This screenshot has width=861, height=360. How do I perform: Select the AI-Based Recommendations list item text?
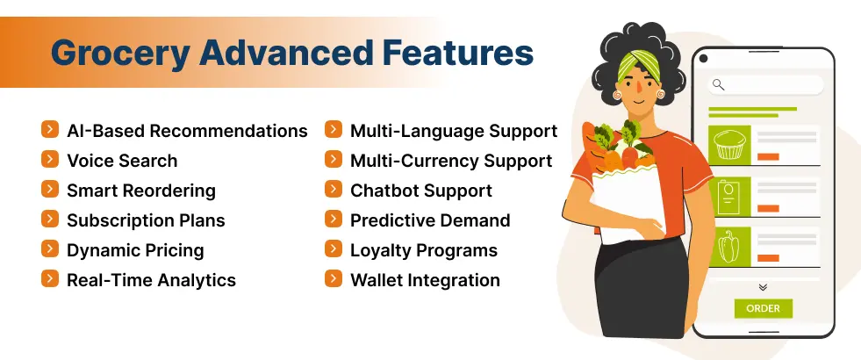point(187,131)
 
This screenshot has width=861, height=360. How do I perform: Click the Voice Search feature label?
point(122,161)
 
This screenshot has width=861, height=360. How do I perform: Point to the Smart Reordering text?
point(140,191)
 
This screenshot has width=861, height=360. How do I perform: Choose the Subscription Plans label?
point(146,220)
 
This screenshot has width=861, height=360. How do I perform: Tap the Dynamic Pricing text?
point(135,250)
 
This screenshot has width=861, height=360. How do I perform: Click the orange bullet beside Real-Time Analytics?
point(50,279)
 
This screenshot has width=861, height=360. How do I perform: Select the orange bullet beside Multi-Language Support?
point(334,130)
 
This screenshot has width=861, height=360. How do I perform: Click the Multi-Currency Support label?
point(451,161)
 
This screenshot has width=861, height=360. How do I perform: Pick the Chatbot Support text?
point(421,191)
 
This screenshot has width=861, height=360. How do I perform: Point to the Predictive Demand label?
point(430,220)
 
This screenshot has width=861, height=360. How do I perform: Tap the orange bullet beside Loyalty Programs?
point(334,249)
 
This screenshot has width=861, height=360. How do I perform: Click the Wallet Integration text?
point(425,280)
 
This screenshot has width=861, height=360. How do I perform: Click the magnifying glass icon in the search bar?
point(719,84)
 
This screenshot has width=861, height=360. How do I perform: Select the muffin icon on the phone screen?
point(729,145)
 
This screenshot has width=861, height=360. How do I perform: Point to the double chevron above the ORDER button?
point(763,287)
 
